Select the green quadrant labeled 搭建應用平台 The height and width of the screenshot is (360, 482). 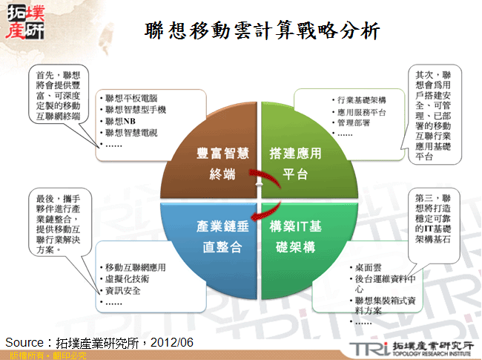click(x=294, y=164)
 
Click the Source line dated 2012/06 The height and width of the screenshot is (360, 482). click(x=99, y=341)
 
